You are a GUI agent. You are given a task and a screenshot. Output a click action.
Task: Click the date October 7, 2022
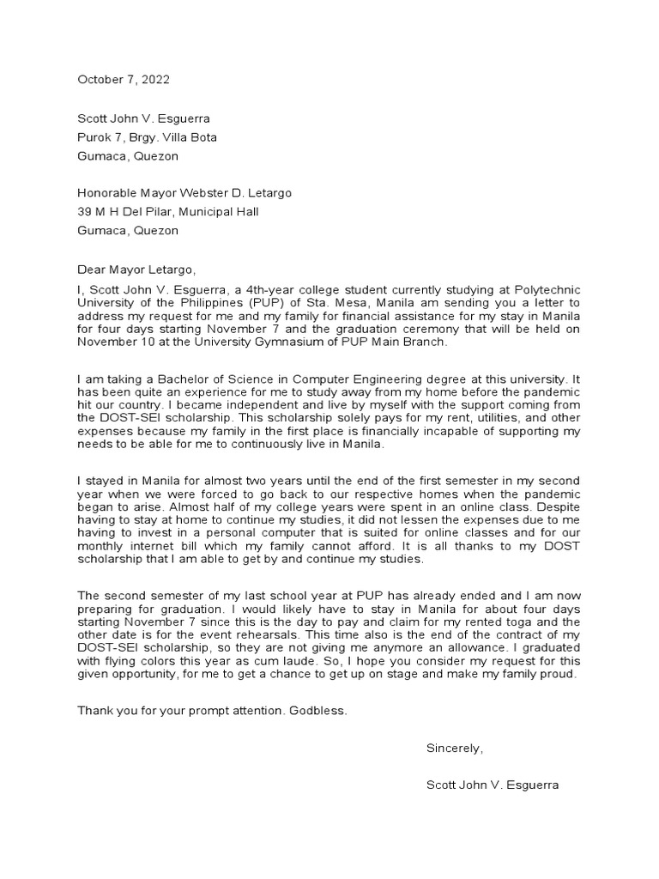coord(124,80)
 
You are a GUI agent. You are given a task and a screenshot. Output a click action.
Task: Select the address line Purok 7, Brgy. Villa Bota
coord(147,137)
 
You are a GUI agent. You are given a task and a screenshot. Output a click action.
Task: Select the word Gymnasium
coord(294,342)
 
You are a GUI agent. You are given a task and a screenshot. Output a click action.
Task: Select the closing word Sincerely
coord(455,749)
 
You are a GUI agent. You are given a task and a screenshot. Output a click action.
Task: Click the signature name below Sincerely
coord(492,785)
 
